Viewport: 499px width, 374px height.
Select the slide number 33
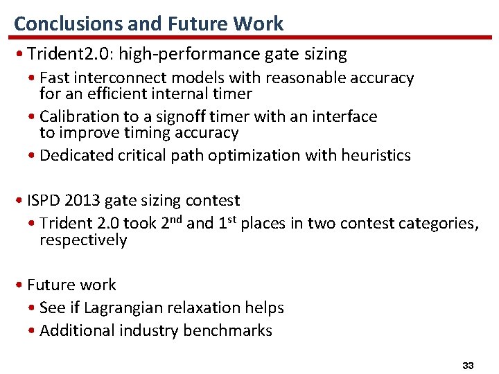468,364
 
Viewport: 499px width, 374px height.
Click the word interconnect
124,78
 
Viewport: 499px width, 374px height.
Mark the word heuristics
376,155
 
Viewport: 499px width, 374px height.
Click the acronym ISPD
44,201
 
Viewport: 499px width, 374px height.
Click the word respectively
83,240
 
